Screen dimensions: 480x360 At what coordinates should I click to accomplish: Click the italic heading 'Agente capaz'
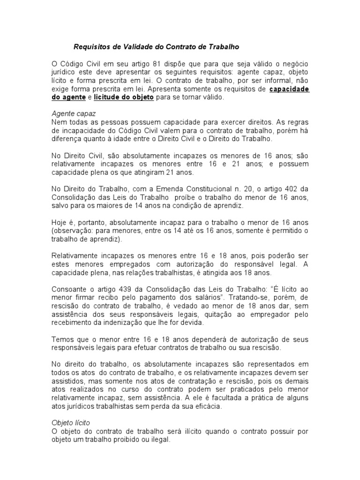tap(71, 114)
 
